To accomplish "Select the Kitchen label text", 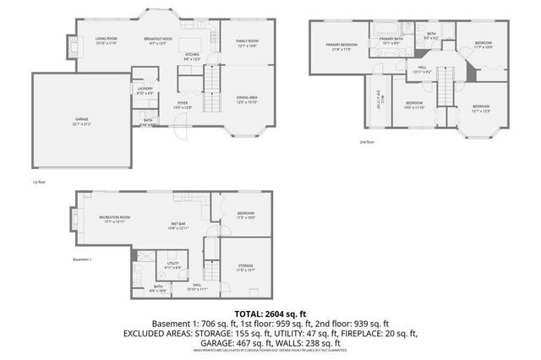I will pyautogui.click(x=193, y=57).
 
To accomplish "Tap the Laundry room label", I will pyautogui.click(x=144, y=90).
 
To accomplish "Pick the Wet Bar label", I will pyautogui.click(x=178, y=226).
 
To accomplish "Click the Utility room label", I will pyautogui.click(x=173, y=265).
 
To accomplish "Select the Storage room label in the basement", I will pyautogui.click(x=245, y=268).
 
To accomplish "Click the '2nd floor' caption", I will pyautogui.click(x=366, y=142).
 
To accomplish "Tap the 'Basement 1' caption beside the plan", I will pyautogui.click(x=81, y=259).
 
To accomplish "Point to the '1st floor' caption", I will pyautogui.click(x=37, y=180).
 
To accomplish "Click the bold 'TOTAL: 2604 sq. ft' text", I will pyautogui.click(x=270, y=314).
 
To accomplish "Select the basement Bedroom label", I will pyautogui.click(x=245, y=215).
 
